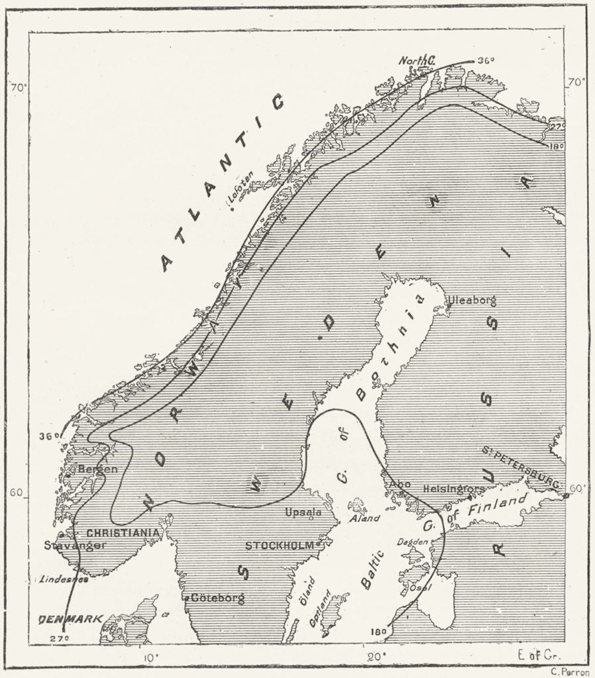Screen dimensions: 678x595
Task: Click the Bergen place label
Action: pyautogui.click(x=97, y=469)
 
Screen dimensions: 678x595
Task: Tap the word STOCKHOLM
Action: pyautogui.click(x=279, y=546)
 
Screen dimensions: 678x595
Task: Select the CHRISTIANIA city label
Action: pyautogui.click(x=123, y=532)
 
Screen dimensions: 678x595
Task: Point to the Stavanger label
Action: pyautogui.click(x=75, y=546)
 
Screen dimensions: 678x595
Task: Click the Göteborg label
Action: pyautogui.click(x=217, y=598)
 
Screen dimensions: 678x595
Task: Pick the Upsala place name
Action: pyautogui.click(x=303, y=512)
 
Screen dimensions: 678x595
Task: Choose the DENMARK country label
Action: pyautogui.click(x=71, y=619)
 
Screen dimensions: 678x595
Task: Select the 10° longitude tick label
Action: pyautogui.click(x=152, y=657)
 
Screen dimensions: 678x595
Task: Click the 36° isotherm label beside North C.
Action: pyautogui.click(x=486, y=61)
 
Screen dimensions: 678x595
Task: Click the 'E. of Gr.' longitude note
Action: pyautogui.click(x=538, y=656)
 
